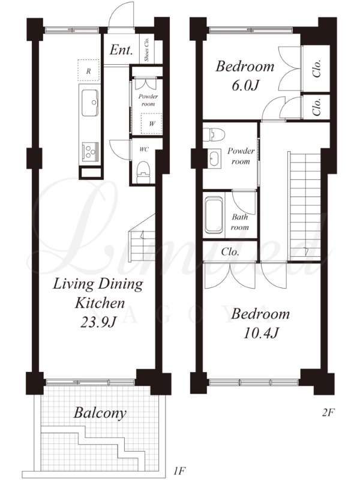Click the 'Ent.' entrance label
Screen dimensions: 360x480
click(121, 50)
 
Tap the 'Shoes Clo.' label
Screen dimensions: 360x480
click(146, 50)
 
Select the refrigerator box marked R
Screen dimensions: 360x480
click(89, 71)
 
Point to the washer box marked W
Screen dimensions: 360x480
click(151, 124)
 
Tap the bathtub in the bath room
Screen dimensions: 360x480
click(214, 215)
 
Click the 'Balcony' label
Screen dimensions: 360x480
click(100, 413)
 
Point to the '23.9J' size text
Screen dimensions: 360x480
click(98, 322)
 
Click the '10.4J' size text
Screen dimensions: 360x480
click(260, 333)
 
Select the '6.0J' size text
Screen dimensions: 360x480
click(245, 86)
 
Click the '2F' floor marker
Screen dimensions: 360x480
click(328, 413)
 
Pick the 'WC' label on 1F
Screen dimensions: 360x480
click(144, 149)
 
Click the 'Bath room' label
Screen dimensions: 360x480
click(239, 222)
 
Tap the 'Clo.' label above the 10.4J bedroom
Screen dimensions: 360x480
click(230, 252)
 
